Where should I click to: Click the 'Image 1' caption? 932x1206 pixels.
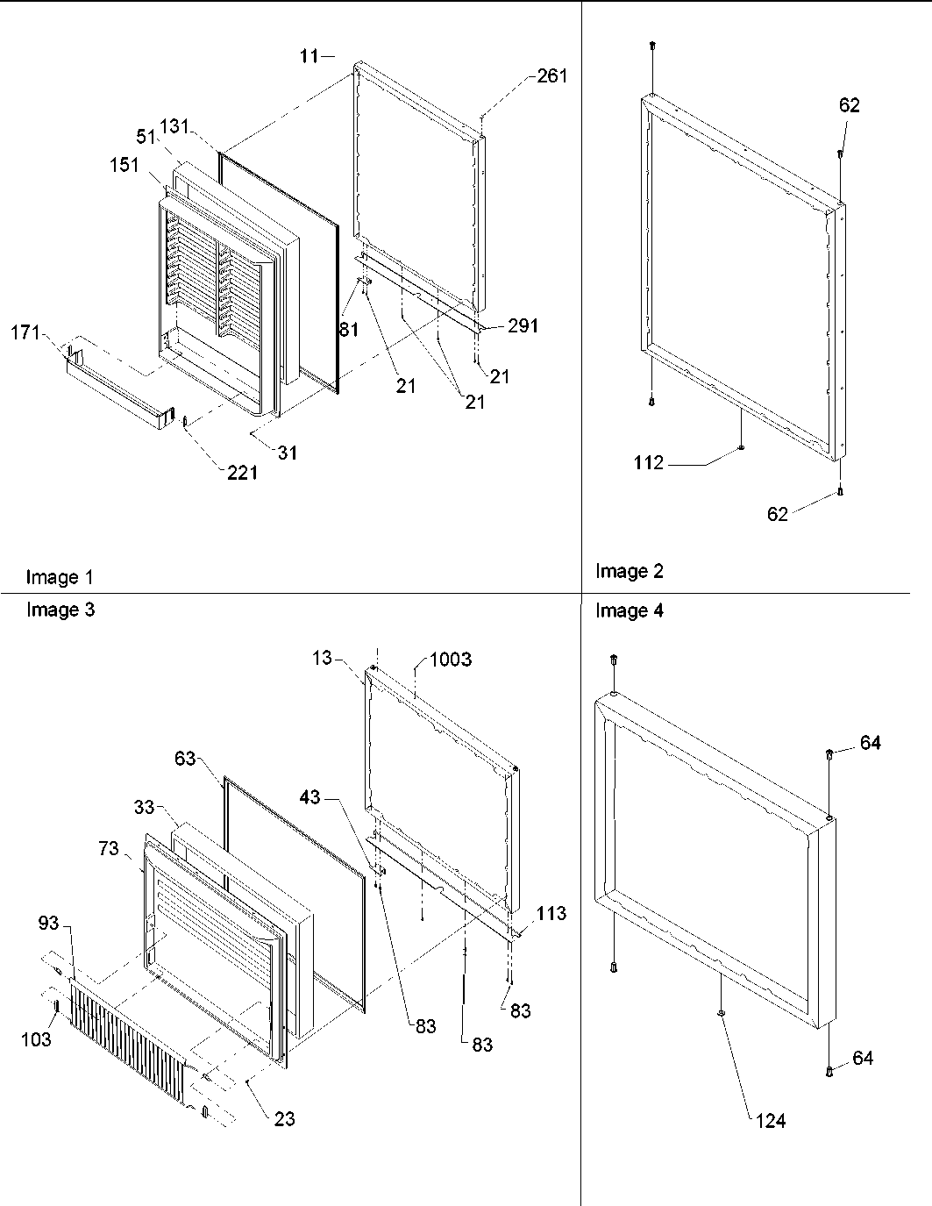tap(59, 577)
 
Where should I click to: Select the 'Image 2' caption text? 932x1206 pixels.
tap(630, 571)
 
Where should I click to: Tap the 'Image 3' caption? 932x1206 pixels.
tap(60, 610)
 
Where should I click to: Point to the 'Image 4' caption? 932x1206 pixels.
tap(630, 610)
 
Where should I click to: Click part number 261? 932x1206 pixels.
tap(552, 76)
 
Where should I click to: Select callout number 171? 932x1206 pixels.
tap(26, 332)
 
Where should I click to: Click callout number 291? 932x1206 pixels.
tap(523, 325)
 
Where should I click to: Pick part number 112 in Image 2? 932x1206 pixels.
tap(649, 463)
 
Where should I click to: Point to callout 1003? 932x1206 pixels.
tap(450, 660)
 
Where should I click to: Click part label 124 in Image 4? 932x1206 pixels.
tap(770, 1120)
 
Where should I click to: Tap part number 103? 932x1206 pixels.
tap(36, 1039)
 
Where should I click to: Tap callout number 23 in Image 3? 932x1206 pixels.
tap(284, 1118)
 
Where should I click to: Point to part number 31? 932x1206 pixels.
tap(288, 453)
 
